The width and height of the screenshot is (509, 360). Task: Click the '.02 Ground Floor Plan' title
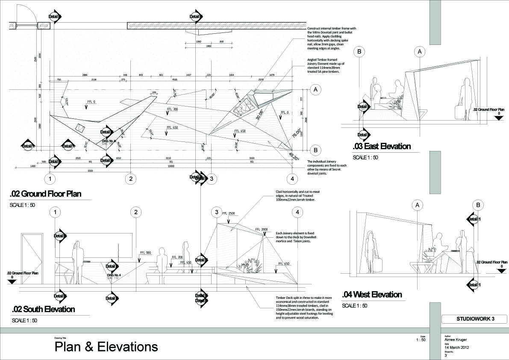click(50, 194)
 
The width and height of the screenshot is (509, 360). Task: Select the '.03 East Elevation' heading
click(382, 147)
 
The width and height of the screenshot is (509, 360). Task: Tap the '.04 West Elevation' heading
click(372, 295)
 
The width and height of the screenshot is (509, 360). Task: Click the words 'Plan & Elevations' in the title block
click(106, 346)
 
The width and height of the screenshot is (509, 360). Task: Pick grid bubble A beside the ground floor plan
click(315, 89)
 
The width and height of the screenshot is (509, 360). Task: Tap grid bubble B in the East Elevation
click(359, 52)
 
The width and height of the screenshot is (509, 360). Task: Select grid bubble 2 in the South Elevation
click(135, 212)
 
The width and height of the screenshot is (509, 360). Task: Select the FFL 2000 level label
click(261, 229)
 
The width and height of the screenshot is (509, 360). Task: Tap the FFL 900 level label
click(146, 253)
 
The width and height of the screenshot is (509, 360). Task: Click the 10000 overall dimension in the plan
click(171, 166)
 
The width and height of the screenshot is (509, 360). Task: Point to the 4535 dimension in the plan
click(175, 79)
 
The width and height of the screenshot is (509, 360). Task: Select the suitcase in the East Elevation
click(458, 112)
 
